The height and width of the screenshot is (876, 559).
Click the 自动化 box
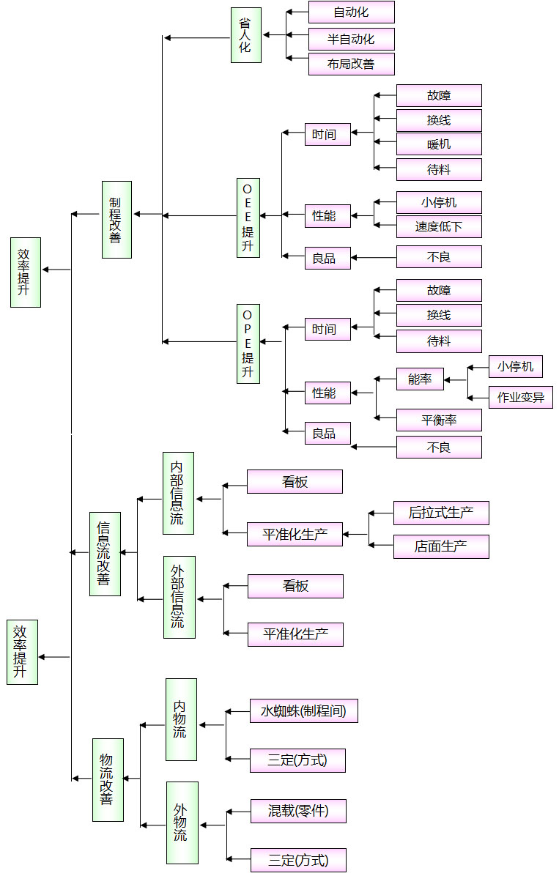[x=351, y=12]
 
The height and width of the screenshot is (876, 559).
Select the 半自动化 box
[x=351, y=39]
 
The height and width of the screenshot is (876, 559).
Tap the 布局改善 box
[x=351, y=64]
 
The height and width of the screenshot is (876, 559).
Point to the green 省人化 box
[x=245, y=35]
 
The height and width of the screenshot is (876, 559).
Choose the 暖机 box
[x=439, y=144]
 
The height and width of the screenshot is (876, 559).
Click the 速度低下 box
[x=439, y=227]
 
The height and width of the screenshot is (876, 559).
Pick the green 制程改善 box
[x=116, y=220]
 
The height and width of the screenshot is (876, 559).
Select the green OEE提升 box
[x=248, y=218]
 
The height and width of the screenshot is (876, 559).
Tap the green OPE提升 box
[x=248, y=344]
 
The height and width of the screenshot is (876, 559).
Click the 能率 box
[x=420, y=379]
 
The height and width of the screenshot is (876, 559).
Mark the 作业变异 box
[x=520, y=398]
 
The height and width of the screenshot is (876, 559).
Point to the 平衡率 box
[x=439, y=420]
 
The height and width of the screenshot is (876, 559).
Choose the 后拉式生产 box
[x=441, y=513]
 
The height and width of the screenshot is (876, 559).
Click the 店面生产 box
[x=441, y=547]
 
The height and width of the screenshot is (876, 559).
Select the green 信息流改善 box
[x=105, y=554]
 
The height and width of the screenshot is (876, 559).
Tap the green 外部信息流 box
[x=179, y=597]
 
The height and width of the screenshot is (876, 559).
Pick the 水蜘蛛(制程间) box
[x=303, y=711]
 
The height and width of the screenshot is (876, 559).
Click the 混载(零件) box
[x=298, y=811]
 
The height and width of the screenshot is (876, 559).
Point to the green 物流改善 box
[x=108, y=779]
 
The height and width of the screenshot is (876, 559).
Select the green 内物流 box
[x=181, y=719]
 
